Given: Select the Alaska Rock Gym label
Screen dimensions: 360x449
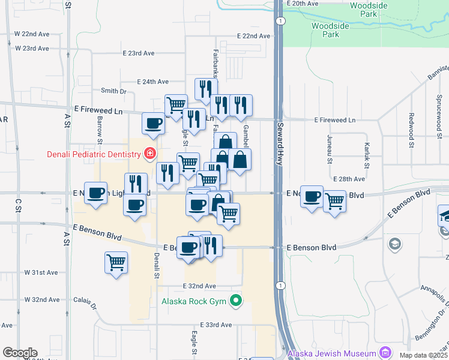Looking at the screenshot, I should point(195,301).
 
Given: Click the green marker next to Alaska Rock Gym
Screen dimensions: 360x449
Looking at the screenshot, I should point(237,301).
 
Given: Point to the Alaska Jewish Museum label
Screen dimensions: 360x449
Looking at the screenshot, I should point(332,353).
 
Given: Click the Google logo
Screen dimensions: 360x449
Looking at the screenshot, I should point(20,353).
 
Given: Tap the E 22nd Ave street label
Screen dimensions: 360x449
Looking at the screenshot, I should point(253,36).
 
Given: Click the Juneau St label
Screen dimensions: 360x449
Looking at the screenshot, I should point(330,149).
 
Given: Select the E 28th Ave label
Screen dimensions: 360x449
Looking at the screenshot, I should point(351,179).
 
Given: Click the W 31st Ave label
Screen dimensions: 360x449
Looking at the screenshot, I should point(41,272).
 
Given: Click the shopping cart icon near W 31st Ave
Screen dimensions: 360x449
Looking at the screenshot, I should point(116,262).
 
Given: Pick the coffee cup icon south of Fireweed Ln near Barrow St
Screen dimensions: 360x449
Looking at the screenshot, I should point(153,123).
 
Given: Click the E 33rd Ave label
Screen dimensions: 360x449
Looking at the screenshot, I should point(217,325).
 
